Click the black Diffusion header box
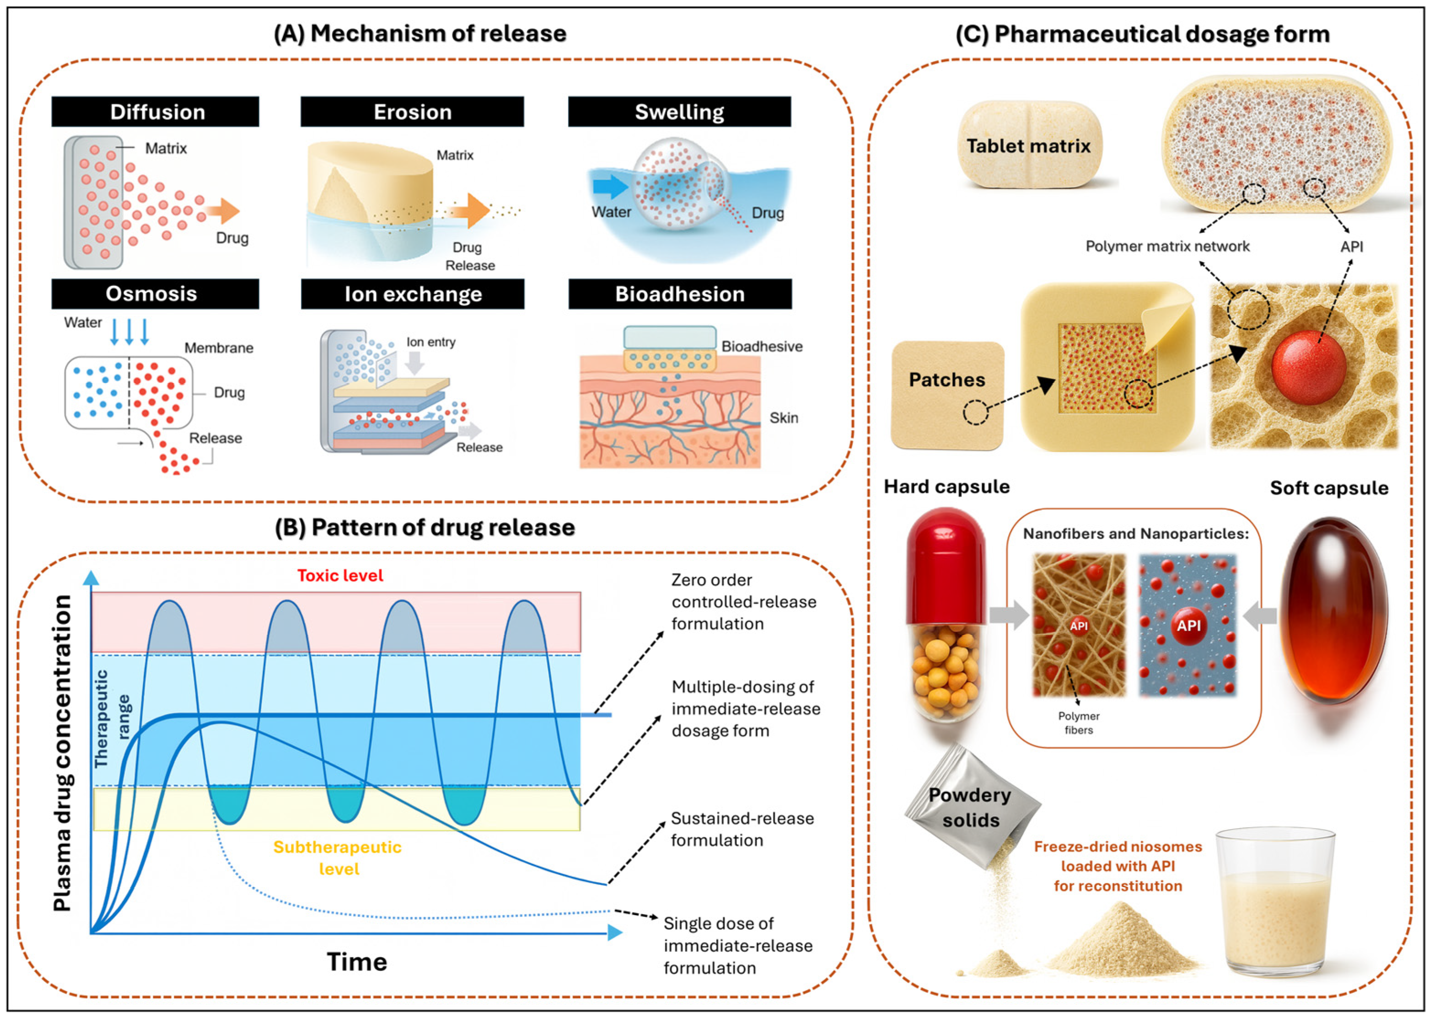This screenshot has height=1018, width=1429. point(155,112)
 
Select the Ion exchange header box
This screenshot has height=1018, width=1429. point(413,294)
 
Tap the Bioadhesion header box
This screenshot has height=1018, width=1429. point(680,294)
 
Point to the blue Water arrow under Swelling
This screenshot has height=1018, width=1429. point(609,187)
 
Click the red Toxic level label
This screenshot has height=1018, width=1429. point(340,575)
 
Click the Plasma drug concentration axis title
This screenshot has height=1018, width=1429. point(62,752)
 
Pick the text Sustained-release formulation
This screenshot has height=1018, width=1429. point(742,829)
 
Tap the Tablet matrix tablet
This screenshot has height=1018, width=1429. point(1028,145)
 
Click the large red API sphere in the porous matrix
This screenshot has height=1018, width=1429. point(1309,367)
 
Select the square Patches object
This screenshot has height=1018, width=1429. point(947,395)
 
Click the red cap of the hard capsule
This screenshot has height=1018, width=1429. point(946,564)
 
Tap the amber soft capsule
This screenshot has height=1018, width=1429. point(1333,611)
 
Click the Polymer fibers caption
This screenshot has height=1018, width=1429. point(1079,723)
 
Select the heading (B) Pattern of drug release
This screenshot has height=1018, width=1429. point(424,527)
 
